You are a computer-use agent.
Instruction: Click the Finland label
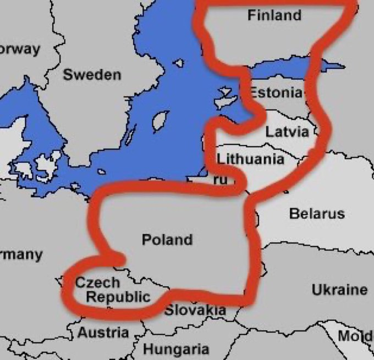274,15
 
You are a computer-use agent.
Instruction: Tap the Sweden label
92,75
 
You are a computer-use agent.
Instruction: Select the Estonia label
276,92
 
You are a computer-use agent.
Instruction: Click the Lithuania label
251,159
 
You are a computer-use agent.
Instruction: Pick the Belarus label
317,213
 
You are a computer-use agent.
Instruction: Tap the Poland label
167,240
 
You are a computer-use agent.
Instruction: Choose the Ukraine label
339,289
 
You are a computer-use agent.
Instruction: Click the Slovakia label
195,310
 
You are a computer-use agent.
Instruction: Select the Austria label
103,333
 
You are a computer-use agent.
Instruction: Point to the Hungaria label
176,349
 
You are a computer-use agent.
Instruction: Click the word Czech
97,283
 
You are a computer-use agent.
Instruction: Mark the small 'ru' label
219,179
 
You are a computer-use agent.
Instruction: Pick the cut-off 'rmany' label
21,254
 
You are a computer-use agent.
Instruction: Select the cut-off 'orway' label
20,48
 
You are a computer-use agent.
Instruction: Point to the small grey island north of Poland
101,172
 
